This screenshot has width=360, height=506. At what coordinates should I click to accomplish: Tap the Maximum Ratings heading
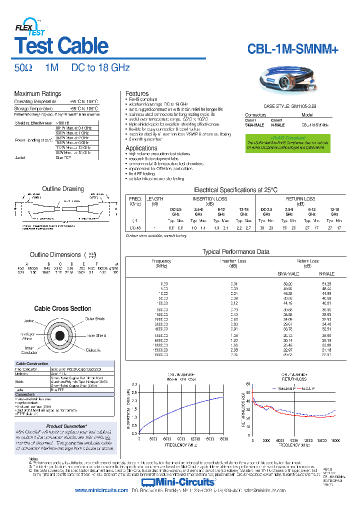[37, 93]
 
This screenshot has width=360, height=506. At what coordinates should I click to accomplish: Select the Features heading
[136, 93]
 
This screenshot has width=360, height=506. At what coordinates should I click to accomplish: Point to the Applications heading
[141, 148]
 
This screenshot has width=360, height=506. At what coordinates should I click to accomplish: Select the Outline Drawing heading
[62, 189]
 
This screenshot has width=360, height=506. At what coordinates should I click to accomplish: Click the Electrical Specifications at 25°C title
[235, 190]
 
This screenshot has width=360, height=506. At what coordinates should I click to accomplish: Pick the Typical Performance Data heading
[235, 251]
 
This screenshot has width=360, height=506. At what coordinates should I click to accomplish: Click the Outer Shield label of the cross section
[94, 318]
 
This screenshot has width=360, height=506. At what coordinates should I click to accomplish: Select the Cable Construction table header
[32, 363]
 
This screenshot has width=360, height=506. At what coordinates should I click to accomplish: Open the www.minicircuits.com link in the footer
[101, 490]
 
